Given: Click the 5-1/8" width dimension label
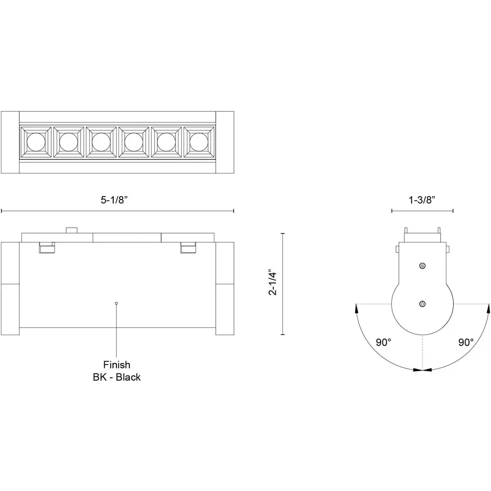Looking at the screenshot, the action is coord(114,200).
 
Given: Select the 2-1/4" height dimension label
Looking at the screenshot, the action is coord(273,282).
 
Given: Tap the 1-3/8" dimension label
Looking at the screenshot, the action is coord(422,200).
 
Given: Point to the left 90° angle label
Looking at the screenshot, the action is coord(384,342).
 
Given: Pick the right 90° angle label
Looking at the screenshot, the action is coord(466,342).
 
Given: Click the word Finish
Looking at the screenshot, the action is coord(117,364).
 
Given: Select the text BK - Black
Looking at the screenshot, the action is coord(117,377).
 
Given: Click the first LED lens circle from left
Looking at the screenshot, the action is coord(36,142).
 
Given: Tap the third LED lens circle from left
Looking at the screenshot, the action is coord(101,142).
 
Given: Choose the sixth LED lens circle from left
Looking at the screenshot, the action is coord(199,142).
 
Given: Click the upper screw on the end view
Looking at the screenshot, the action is coord(422,266).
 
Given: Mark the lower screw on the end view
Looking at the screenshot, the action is coord(422,304).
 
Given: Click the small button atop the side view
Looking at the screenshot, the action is coord(71,230).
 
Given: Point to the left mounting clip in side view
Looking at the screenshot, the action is coord(47,247).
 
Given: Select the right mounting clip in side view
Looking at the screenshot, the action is coord(188,247).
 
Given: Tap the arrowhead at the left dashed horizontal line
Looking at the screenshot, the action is coord(356,308).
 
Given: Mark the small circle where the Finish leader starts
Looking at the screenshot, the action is coord(117,303).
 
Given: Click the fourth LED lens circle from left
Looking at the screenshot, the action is coord(134,142).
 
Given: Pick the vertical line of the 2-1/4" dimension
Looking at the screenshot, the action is coord(283,284).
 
